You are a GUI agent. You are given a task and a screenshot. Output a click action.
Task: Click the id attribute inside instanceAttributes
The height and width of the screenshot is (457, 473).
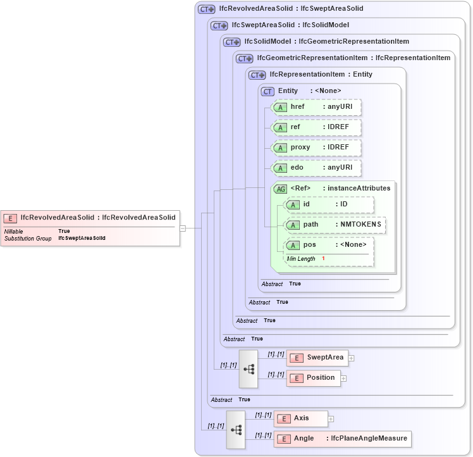click(x=329, y=204)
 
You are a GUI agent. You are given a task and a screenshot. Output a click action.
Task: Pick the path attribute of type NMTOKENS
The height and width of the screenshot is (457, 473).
click(x=335, y=225)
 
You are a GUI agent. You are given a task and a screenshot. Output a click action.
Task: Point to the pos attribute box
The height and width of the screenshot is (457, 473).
click(x=329, y=245)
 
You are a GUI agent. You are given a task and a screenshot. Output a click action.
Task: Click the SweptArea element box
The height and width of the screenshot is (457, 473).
click(x=317, y=358)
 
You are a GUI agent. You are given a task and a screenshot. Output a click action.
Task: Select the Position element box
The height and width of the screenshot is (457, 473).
click(x=313, y=378)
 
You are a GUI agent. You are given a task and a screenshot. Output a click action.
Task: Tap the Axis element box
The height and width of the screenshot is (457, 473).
click(x=300, y=418)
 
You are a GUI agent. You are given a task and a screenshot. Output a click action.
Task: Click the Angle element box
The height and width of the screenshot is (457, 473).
click(x=341, y=439)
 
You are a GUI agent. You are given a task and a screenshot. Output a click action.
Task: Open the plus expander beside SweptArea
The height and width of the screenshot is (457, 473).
click(x=352, y=358)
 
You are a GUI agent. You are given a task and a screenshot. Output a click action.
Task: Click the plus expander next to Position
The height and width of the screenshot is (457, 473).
click(x=344, y=379)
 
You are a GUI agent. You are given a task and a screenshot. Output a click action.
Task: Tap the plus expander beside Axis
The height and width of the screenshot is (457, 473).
click(x=331, y=419)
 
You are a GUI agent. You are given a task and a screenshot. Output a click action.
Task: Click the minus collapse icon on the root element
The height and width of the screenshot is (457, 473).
click(x=183, y=228)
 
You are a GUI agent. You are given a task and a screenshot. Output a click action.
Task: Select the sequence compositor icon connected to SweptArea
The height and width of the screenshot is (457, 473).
click(x=248, y=368)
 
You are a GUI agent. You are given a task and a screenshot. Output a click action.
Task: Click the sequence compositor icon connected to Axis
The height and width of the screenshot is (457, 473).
click(x=236, y=429)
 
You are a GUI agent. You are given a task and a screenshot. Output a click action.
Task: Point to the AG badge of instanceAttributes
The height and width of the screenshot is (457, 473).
click(x=280, y=188)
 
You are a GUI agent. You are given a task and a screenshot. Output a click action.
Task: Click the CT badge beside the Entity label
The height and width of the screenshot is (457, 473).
click(x=267, y=91)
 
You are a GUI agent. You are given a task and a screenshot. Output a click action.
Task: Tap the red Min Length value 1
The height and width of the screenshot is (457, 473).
click(x=323, y=259)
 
